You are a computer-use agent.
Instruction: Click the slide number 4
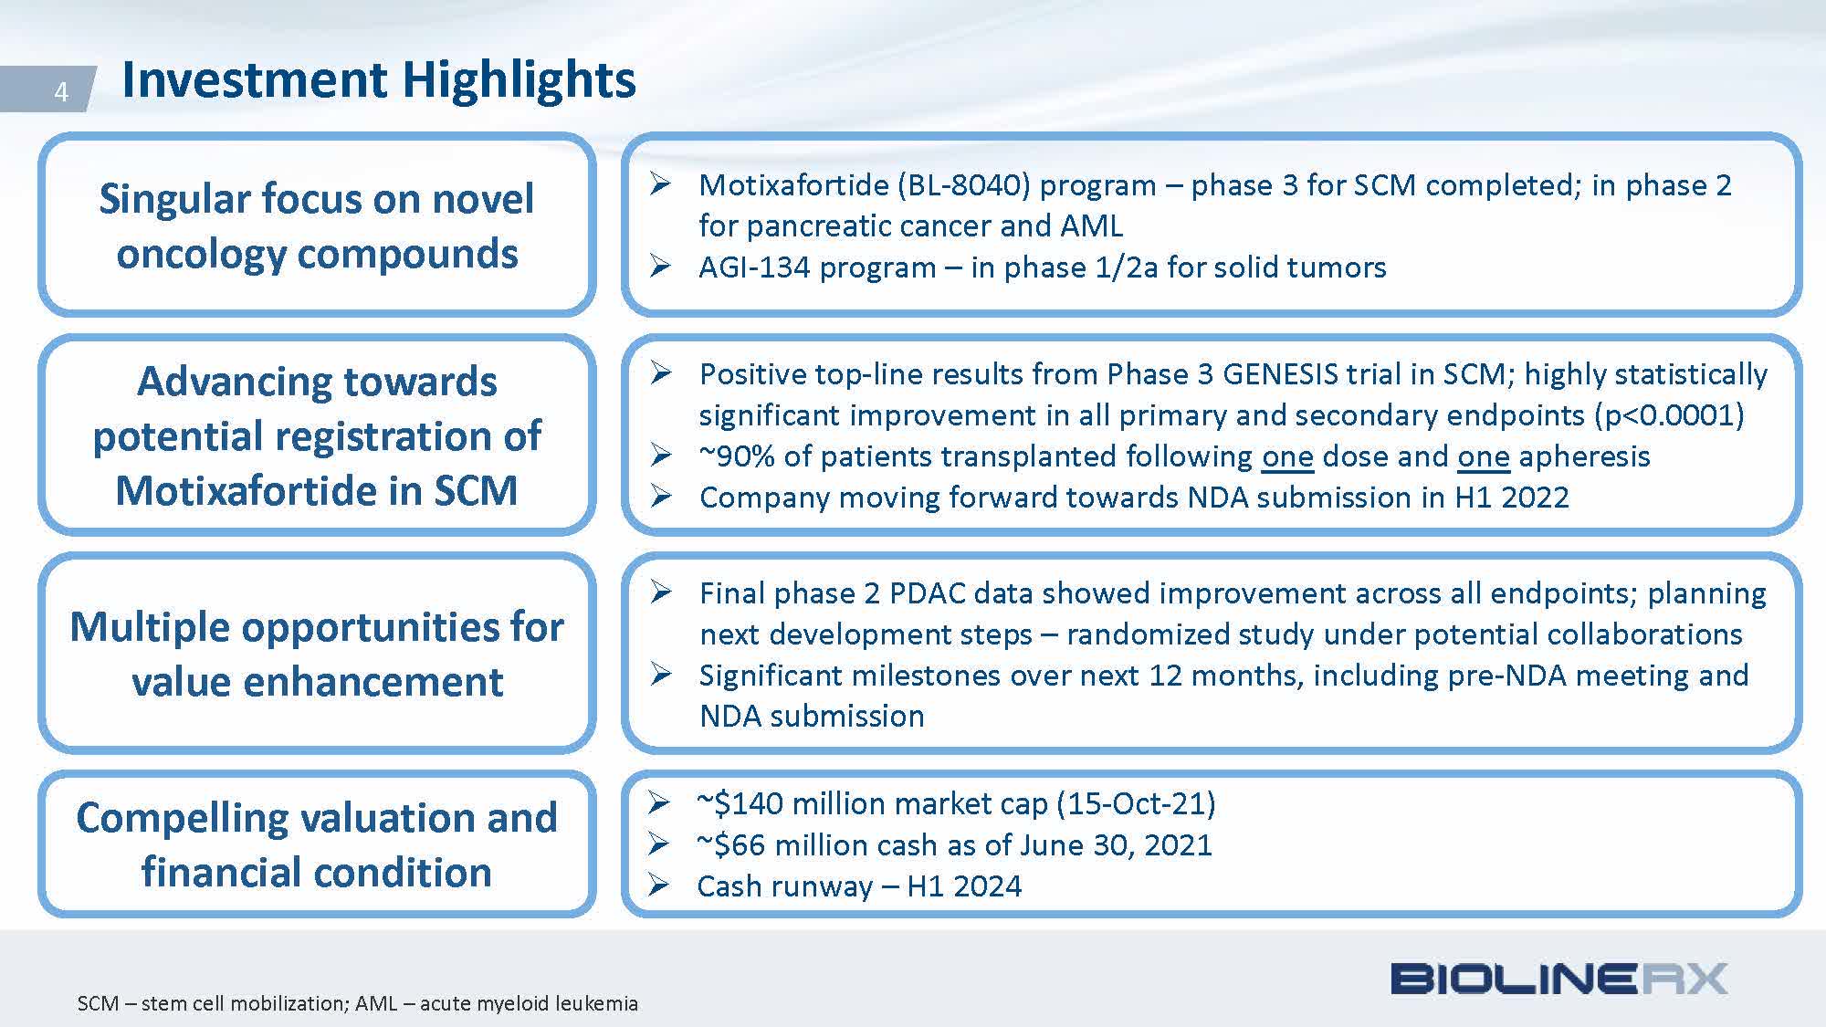point(61,91)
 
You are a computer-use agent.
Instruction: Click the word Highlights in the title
point(519,80)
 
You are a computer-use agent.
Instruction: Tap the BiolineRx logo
point(1558,980)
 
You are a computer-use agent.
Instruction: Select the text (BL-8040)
point(964,185)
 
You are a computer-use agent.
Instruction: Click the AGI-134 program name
point(817,267)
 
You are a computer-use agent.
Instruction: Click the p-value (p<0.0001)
point(1669,415)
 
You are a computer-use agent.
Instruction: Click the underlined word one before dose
point(1287,456)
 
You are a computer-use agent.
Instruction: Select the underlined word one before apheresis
point(1483,456)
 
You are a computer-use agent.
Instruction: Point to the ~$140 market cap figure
point(740,803)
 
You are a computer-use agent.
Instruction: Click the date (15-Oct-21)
point(1136,803)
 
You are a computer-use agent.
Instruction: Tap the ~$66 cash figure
point(731,845)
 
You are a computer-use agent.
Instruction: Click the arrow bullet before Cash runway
point(658,885)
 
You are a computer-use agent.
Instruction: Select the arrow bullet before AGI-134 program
point(660,266)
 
